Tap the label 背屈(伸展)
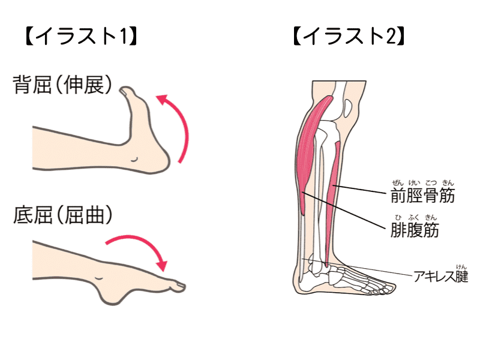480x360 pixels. [x=63, y=85]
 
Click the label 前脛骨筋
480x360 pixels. [x=422, y=196]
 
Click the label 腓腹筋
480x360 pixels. [x=414, y=229]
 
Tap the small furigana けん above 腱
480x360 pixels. [x=461, y=266]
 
